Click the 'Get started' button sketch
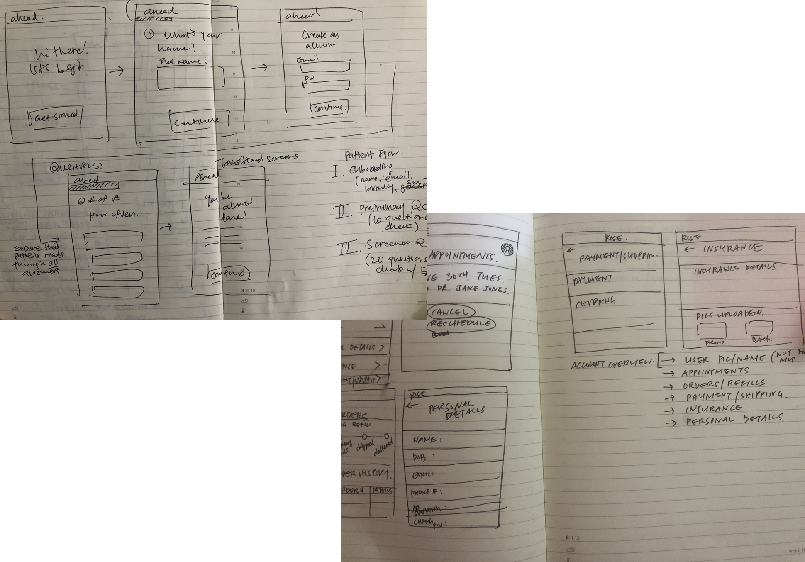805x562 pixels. (x=55, y=117)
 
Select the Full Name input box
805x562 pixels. (x=186, y=78)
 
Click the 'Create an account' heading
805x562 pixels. (x=320, y=40)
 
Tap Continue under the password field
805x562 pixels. (x=329, y=108)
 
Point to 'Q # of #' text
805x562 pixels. (x=99, y=200)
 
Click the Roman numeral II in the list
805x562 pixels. (x=343, y=211)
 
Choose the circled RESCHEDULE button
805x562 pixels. (x=461, y=324)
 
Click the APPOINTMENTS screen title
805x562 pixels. (x=463, y=256)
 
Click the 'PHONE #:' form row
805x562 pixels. (x=452, y=492)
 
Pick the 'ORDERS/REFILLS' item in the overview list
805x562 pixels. (x=724, y=384)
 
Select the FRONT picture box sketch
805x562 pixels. (x=712, y=331)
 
